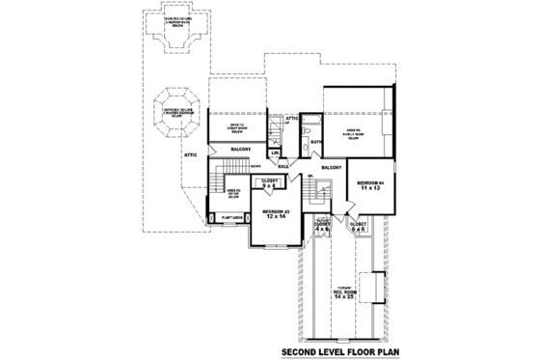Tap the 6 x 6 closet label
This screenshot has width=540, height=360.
[x=359, y=229]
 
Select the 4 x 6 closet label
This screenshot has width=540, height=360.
[x=323, y=229]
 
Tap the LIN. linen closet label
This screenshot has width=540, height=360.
[x=275, y=153]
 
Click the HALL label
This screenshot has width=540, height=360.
[x=283, y=166]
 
